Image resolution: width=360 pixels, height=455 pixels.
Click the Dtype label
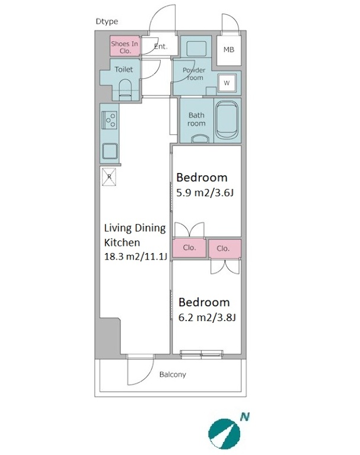pos(107,21)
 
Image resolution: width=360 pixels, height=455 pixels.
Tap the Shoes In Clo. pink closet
pos(125,46)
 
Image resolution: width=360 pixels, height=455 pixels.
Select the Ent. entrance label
pos(161,46)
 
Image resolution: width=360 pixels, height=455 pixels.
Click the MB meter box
pos(229,50)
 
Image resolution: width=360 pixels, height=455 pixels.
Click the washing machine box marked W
pos(227,83)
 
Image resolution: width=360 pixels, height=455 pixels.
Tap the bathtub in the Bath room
pos(228,120)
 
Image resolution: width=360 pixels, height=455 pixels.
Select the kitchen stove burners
pos(110,120)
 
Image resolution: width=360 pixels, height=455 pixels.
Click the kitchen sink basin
pos(110,152)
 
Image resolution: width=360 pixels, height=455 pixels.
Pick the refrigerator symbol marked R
pos(109,177)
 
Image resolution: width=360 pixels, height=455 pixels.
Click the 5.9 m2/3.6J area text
pos(205,193)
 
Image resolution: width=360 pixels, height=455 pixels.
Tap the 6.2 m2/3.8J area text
pos(207,318)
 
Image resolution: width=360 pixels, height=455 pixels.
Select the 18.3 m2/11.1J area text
pos(135,257)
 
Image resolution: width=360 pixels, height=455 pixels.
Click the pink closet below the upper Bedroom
pos(189,248)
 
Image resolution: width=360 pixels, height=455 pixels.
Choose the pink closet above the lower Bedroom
pos(225,248)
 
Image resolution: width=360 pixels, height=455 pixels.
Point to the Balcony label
pos(173,374)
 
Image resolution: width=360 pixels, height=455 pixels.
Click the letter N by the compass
pos(245,417)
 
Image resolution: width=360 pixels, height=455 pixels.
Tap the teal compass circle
pos(224,434)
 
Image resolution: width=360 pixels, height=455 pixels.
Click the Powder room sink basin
pos(196,49)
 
